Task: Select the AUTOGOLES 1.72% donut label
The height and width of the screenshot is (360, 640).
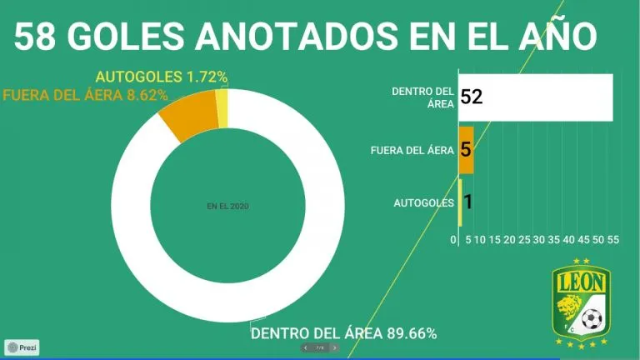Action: tap(162, 77)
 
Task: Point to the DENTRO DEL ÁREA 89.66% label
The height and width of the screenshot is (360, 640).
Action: tap(343, 333)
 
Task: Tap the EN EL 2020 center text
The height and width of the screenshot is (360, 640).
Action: tap(228, 205)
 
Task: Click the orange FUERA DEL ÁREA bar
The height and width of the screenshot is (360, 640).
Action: tap(466, 151)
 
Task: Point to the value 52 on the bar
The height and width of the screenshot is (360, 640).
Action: tap(472, 97)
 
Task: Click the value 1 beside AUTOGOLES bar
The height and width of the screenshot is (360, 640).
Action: tap(468, 202)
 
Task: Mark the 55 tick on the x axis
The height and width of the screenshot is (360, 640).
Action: tap(612, 240)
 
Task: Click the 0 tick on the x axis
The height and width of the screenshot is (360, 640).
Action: tap(453, 240)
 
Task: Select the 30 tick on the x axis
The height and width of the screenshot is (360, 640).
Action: tap(539, 240)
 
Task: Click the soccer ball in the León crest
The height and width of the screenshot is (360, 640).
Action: tap(590, 318)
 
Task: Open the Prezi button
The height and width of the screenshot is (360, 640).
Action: tap(22, 347)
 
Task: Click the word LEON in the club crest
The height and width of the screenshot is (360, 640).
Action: tap(582, 282)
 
